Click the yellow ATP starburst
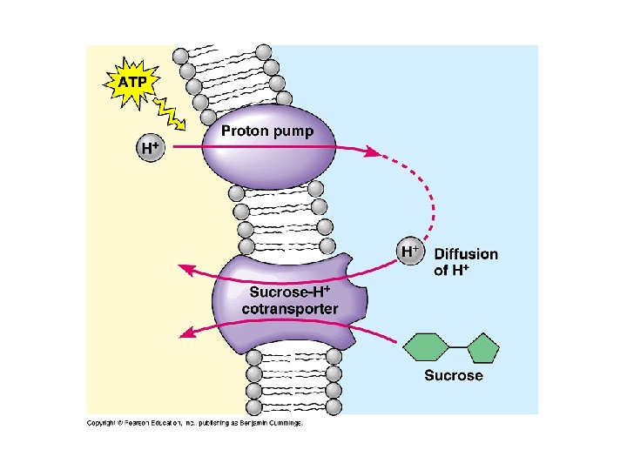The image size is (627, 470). click(132, 84)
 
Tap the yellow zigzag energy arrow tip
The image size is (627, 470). click(183, 127)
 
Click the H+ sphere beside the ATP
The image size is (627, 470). click(151, 147)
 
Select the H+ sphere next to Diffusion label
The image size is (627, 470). click(410, 252)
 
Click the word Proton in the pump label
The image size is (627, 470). click(241, 131)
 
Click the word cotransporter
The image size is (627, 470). click(290, 309)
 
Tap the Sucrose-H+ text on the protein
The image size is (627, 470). click(290, 292)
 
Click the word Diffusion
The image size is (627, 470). click(466, 254)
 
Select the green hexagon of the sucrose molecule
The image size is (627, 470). click(425, 347)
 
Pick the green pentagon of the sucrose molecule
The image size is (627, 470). click(483, 348)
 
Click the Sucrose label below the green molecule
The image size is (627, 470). click(454, 375)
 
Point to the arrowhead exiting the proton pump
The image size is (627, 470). click(372, 151)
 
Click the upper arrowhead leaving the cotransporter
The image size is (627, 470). click(185, 269)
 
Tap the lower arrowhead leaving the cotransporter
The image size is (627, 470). click(185, 332)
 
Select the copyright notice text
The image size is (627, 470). click(195, 423)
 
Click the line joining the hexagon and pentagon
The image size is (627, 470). click(458, 347)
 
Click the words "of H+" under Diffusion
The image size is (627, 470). click(451, 270)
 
